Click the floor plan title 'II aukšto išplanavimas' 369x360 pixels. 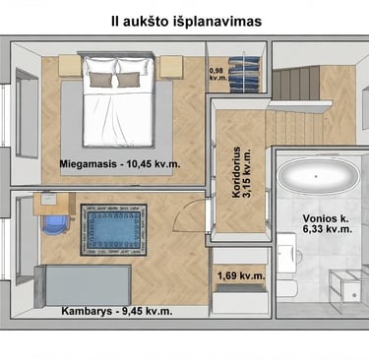(x=186, y=22)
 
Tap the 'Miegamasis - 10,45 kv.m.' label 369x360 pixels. (x=120, y=164)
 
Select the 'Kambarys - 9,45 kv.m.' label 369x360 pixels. (x=117, y=311)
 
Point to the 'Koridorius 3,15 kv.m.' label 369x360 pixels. (x=241, y=172)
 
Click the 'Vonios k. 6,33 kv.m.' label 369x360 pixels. (x=328, y=223)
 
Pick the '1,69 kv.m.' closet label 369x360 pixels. (x=241, y=275)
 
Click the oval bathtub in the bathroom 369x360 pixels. (x=316, y=176)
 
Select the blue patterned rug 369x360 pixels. (x=113, y=230)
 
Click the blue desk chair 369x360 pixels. (x=55, y=225)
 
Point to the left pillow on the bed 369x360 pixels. (x=101, y=80)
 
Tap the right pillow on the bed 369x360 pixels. (x=129, y=80)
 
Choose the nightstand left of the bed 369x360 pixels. (x=70, y=66)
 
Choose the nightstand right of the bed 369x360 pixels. (x=171, y=67)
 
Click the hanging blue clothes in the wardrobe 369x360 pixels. (x=244, y=74)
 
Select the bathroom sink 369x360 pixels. (x=287, y=253)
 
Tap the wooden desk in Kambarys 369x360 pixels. (x=54, y=204)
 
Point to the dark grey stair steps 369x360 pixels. (x=296, y=83)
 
